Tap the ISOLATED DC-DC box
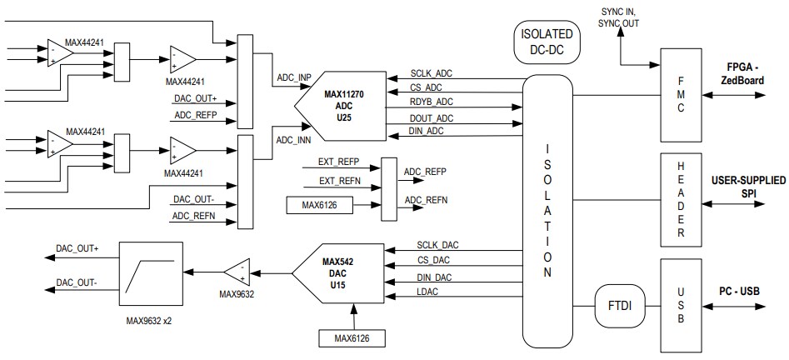point(547,42)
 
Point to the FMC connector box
point(682,93)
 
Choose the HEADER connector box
point(682,199)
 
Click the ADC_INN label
point(292,140)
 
